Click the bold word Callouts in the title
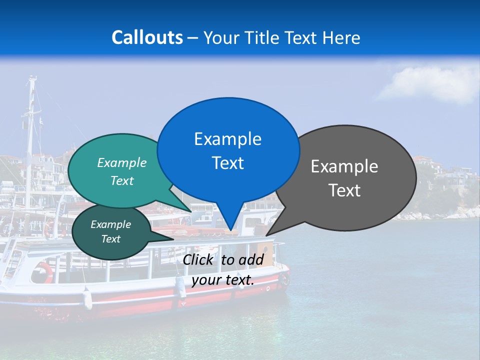click(147, 37)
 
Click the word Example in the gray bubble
click(344, 166)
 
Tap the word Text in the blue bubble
click(228, 163)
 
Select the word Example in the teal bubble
click(122, 162)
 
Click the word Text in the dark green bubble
click(110, 239)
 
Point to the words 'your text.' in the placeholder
click(223, 280)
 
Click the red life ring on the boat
click(44, 273)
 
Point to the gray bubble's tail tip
click(266, 235)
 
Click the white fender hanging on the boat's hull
click(87, 298)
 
